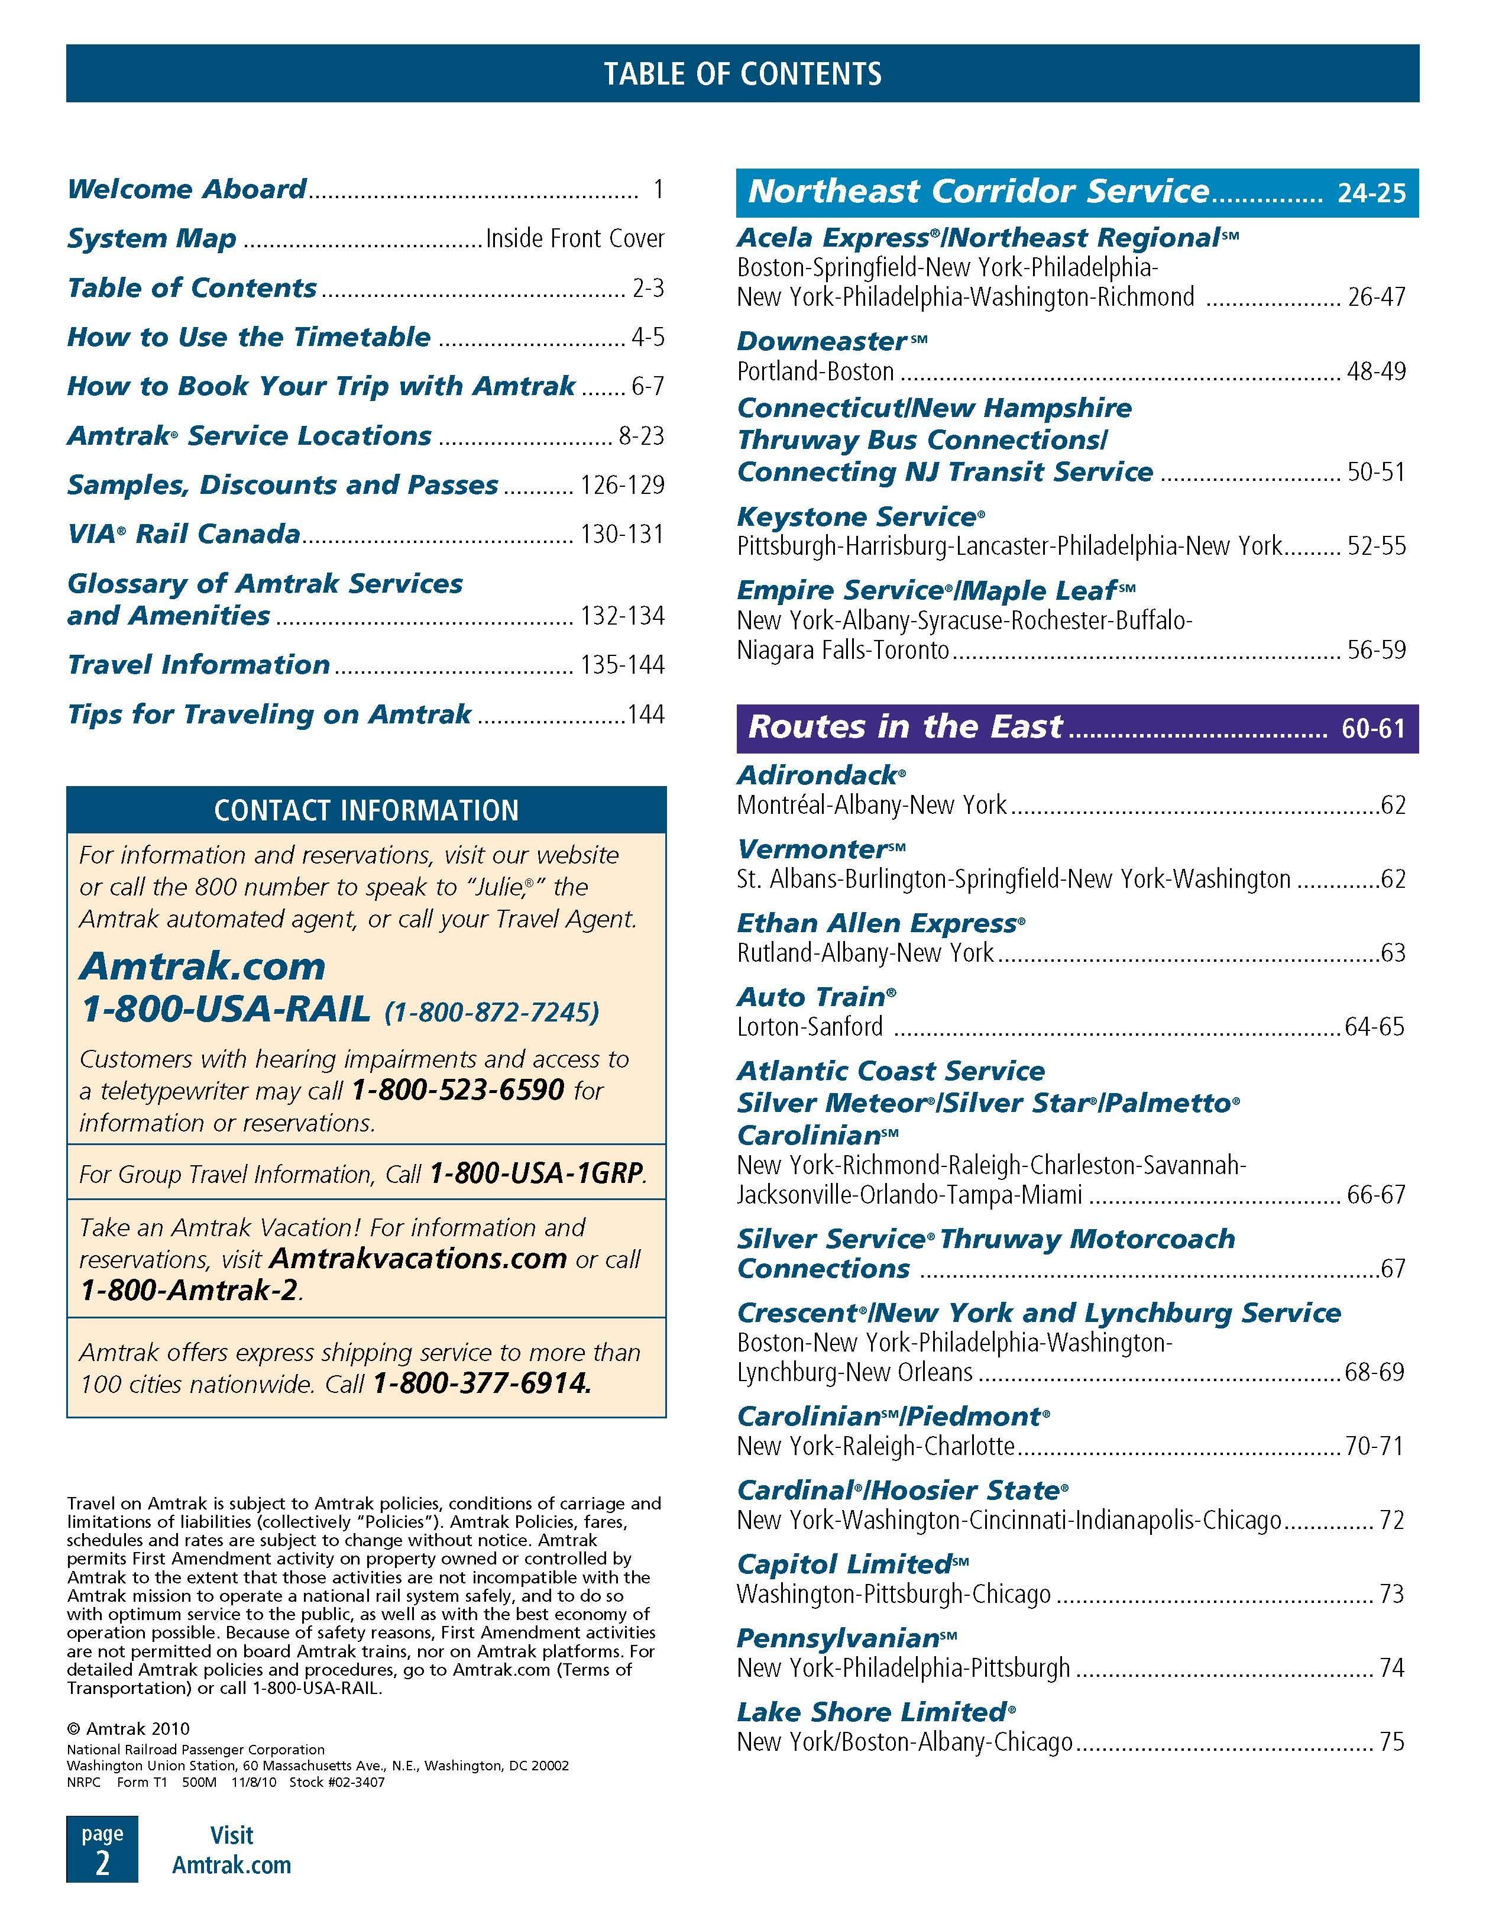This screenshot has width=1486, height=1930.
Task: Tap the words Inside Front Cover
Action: [x=574, y=238]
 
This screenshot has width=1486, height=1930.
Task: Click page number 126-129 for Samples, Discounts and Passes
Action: [x=622, y=485]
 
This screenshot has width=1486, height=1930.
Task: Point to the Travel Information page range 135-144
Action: [x=622, y=665]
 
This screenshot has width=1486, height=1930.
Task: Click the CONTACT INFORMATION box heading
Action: [x=366, y=810]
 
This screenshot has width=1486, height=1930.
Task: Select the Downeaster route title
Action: [x=821, y=341]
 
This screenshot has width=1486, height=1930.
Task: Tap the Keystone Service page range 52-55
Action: [x=1375, y=546]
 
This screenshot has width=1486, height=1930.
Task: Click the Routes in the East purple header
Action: [x=905, y=728]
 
